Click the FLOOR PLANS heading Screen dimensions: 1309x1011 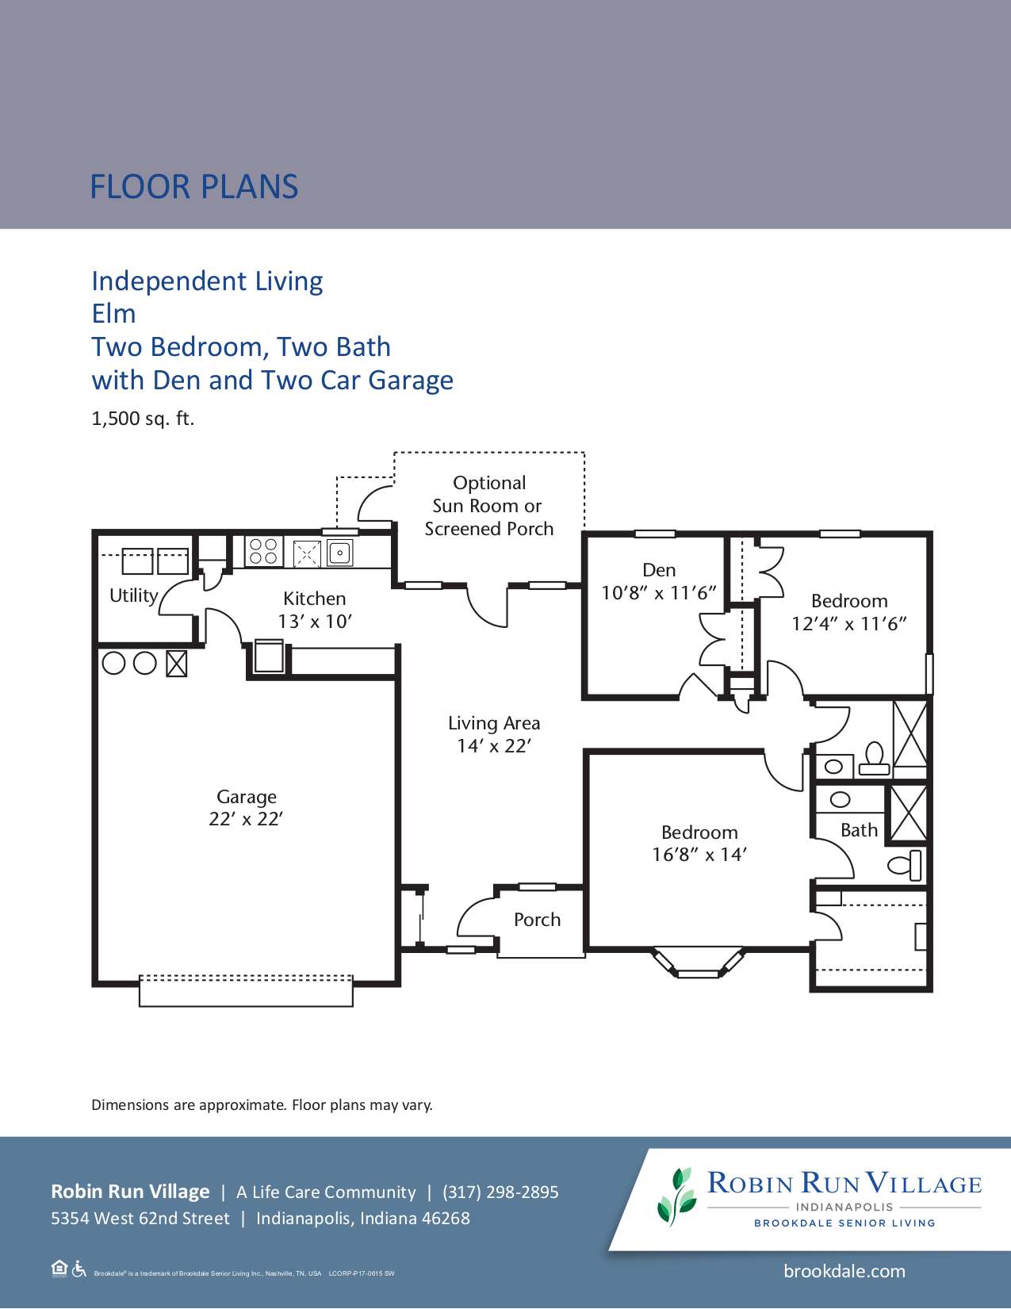click(x=193, y=187)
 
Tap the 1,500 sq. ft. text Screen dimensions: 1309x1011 click(x=143, y=419)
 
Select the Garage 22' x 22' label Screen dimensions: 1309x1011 click(x=246, y=808)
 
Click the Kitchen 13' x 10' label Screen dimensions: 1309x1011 click(x=315, y=610)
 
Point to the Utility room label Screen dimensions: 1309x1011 click(x=133, y=595)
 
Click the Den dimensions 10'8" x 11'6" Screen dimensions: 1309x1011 click(x=658, y=593)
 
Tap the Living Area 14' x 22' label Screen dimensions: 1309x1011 click(x=494, y=734)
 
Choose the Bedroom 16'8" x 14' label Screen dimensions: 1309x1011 click(x=699, y=843)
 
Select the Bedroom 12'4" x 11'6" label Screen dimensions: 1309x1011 click(x=848, y=612)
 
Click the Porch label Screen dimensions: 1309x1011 click(x=537, y=920)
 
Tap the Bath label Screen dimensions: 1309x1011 click(x=859, y=830)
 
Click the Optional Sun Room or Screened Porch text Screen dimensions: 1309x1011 click(x=489, y=506)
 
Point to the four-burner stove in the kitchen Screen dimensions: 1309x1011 click(x=263, y=551)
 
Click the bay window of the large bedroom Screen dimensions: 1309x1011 click(x=698, y=964)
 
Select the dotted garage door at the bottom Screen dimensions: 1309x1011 click(x=246, y=979)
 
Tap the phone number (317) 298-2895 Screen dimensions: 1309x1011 click(x=500, y=1192)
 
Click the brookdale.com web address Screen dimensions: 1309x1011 click(x=844, y=1272)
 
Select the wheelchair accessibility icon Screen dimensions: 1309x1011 click(x=79, y=1269)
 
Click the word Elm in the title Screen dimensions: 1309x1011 click(x=113, y=314)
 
